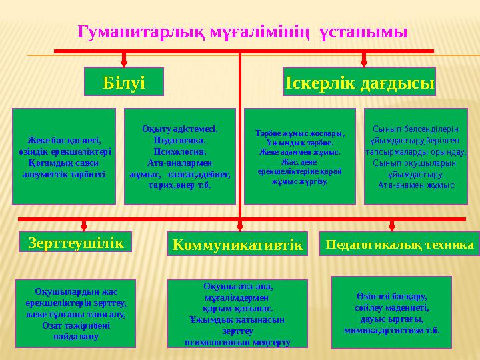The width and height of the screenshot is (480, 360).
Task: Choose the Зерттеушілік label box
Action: pos(76,242)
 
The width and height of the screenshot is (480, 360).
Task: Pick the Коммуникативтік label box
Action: pos(237,245)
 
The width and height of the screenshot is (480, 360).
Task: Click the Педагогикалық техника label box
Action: pos(399,245)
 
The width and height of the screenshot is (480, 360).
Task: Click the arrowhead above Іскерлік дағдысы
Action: pos(363,63)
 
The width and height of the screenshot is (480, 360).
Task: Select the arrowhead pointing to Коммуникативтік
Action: pos(239,228)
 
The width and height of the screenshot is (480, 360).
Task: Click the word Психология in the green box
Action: pos(179,151)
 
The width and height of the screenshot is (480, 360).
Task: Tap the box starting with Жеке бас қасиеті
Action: pos(65,156)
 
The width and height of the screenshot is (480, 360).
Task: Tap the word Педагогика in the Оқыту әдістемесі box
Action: pos(178,141)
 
